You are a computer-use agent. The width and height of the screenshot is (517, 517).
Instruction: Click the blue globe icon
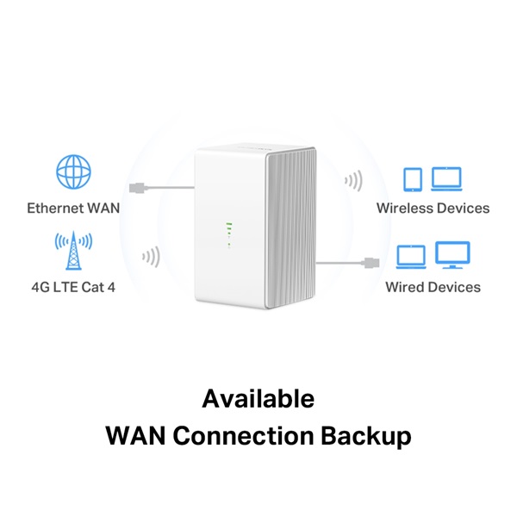click(73, 173)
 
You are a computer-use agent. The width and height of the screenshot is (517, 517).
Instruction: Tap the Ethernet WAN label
click(73, 208)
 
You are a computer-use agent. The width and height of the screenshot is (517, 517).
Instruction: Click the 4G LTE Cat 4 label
click(73, 286)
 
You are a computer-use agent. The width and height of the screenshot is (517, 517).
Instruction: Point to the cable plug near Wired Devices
click(370, 260)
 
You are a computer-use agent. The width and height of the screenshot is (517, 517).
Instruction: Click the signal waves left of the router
click(151, 257)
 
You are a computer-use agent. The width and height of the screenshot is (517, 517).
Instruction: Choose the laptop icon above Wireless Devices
click(446, 178)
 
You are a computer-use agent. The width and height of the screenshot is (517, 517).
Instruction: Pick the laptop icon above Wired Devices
click(411, 257)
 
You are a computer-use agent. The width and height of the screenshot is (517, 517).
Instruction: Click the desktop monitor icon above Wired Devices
click(452, 255)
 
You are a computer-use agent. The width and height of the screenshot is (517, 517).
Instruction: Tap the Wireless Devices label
click(433, 209)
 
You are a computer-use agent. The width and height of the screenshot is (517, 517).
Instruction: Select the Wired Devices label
click(433, 286)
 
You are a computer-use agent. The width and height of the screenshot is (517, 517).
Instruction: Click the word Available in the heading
click(258, 399)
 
